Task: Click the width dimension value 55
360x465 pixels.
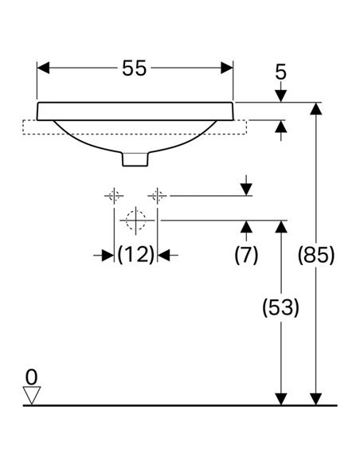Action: tap(135, 68)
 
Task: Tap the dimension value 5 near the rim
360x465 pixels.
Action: tap(281, 72)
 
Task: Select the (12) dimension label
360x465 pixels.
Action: tap(136, 255)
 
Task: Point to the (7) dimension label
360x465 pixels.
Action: tap(246, 255)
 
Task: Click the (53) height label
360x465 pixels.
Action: tap(281, 307)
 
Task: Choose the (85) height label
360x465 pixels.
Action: tap(316, 255)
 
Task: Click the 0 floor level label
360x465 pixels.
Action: tap(31, 377)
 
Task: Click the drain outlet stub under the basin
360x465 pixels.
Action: tap(135, 159)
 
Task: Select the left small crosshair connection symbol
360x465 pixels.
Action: tap(114, 196)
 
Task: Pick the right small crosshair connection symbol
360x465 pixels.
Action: tap(157, 196)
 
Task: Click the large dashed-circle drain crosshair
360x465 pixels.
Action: tap(136, 221)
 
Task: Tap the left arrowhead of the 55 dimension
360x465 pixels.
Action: tap(43, 68)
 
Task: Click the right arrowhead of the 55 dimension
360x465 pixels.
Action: tap(227, 68)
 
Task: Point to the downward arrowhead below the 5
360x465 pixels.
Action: tap(281, 96)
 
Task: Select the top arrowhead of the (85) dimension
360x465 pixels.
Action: tap(316, 108)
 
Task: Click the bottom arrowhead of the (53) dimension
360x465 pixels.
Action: tap(281, 399)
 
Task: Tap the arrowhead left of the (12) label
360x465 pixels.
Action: tap(108, 255)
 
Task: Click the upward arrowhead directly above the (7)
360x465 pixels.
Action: tap(246, 227)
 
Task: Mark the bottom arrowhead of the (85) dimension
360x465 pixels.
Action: tap(316, 399)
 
